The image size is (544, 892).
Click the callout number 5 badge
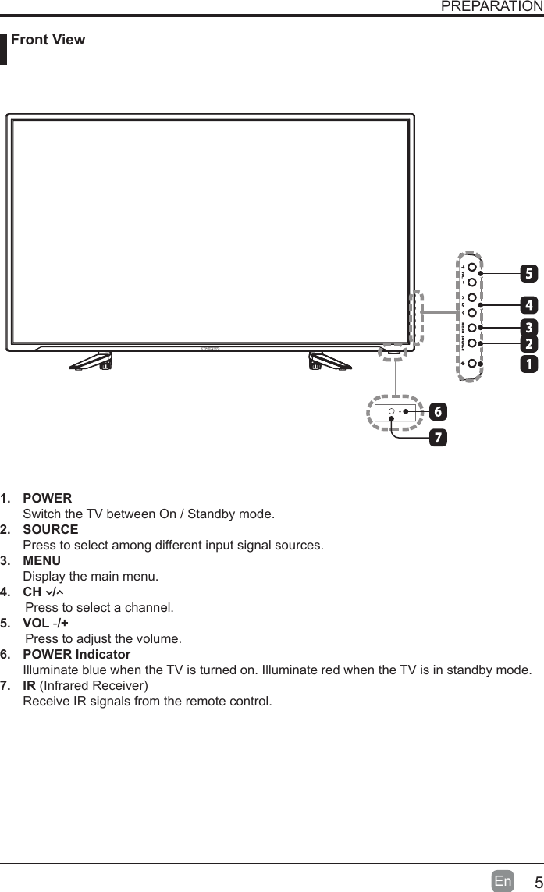[530, 274]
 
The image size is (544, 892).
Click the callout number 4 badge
[530, 304]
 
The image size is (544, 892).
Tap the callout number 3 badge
[530, 326]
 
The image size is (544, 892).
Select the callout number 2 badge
[530, 344]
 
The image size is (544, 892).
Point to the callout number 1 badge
[530, 364]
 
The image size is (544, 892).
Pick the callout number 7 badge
[439, 437]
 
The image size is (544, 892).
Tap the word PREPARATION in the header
[492, 7]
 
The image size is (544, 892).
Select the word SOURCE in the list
[50, 530]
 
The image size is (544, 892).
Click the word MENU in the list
[42, 561]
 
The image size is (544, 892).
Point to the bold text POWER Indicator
[76, 654]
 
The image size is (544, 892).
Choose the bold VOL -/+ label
[45, 623]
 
